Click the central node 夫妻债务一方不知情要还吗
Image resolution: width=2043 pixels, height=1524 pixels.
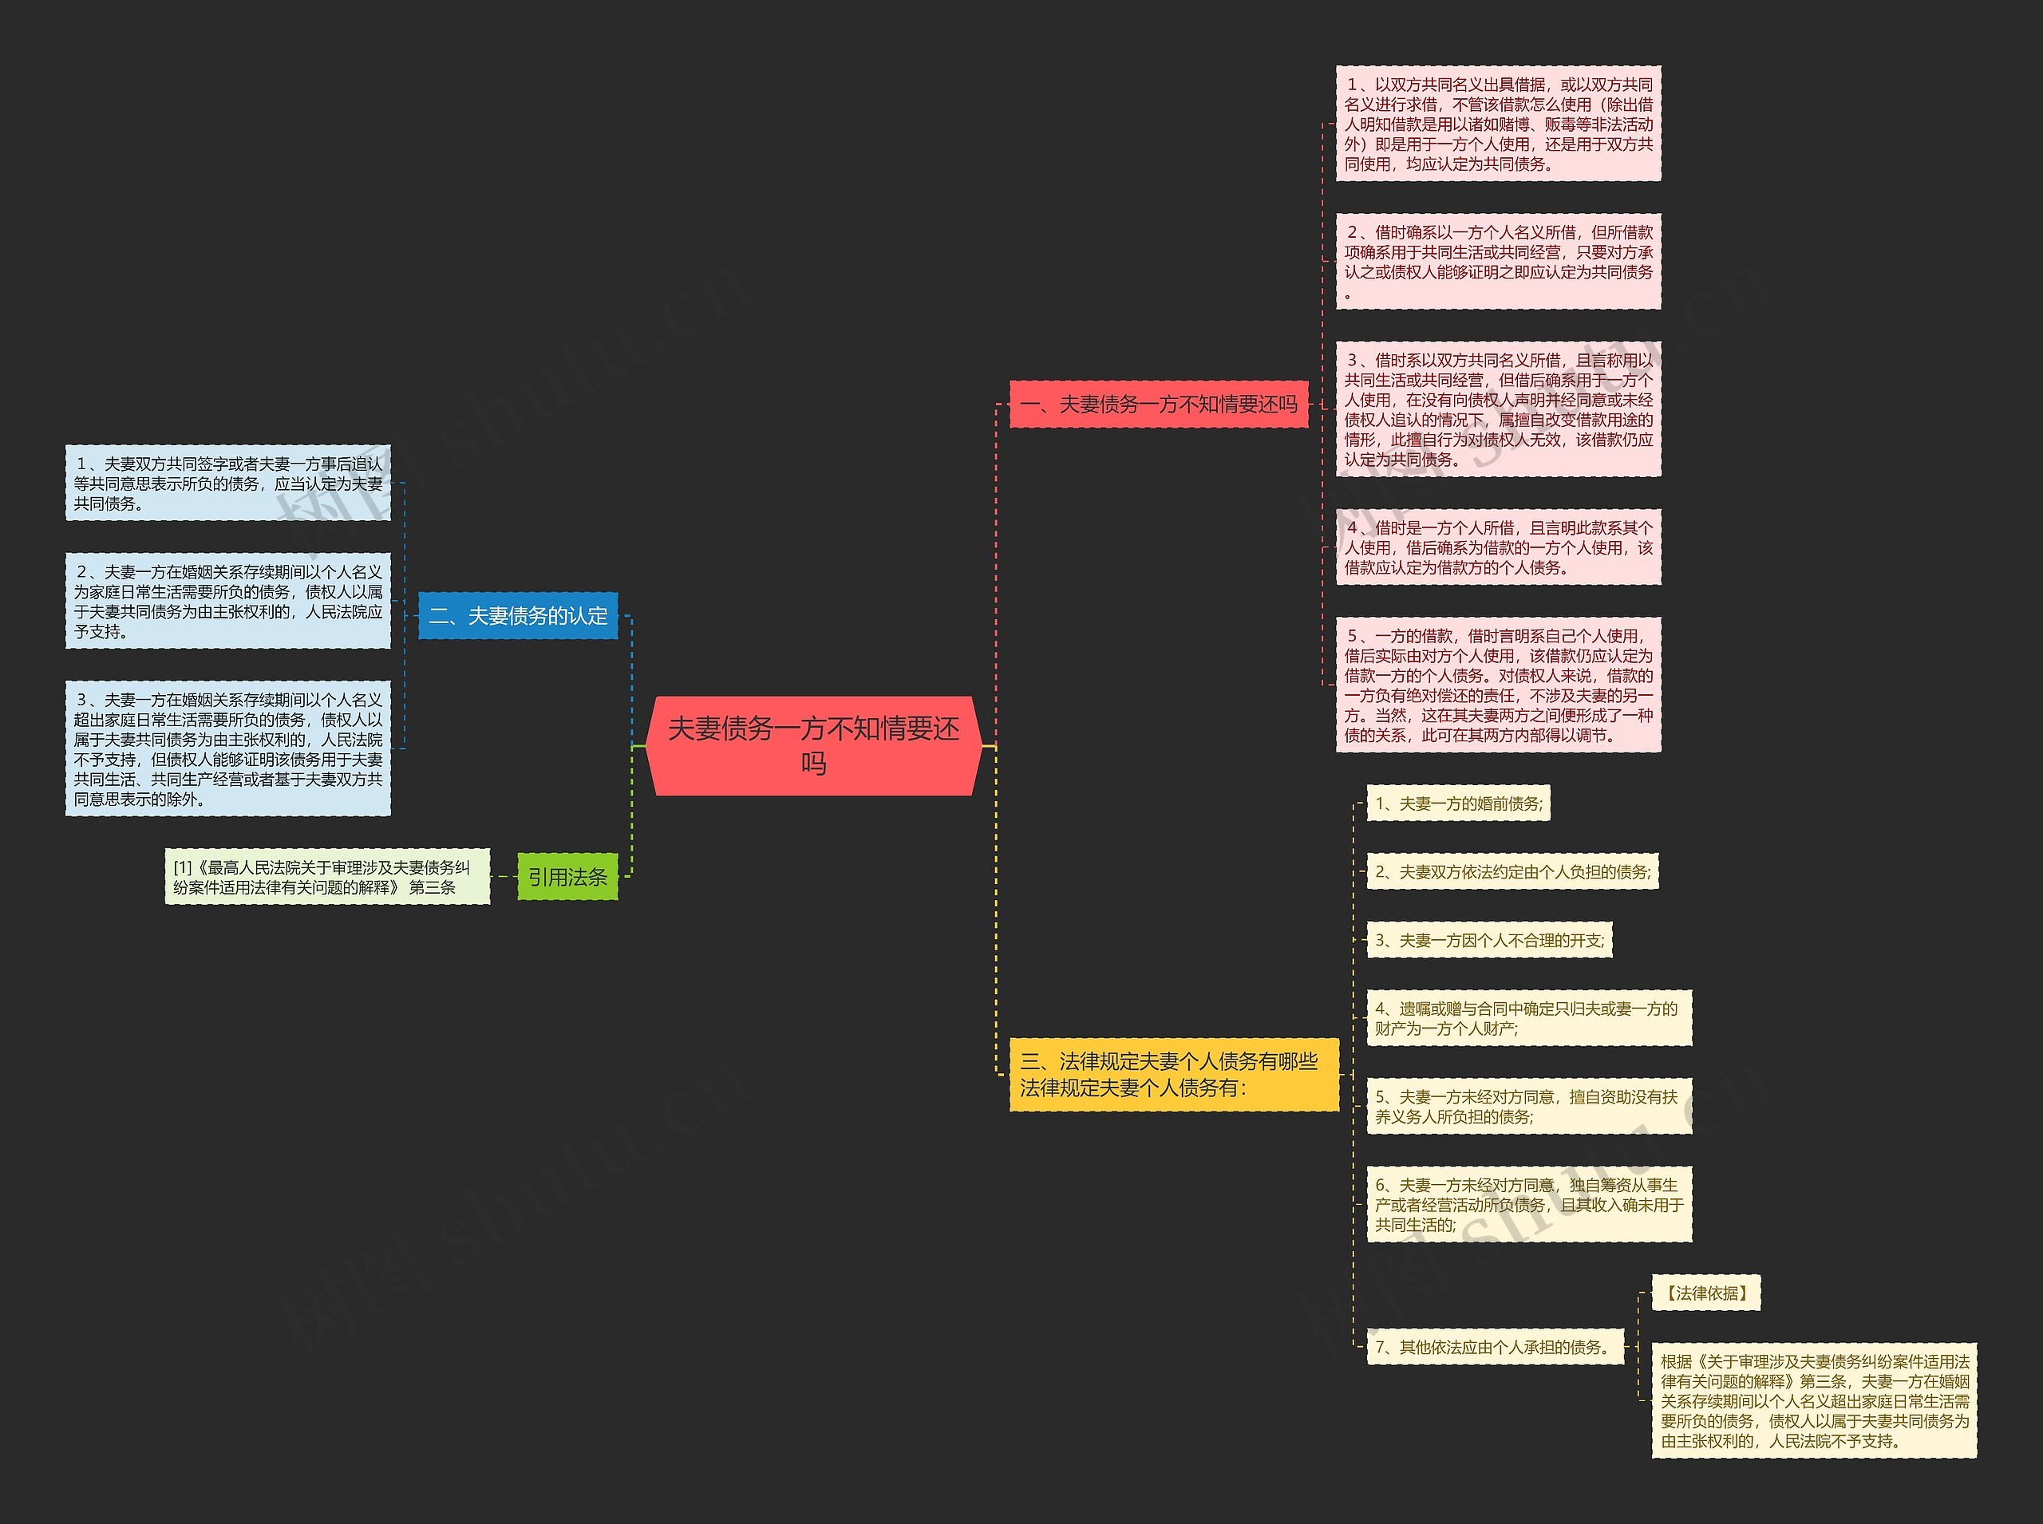tap(813, 745)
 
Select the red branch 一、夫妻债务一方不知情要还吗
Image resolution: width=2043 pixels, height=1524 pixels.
tap(1158, 404)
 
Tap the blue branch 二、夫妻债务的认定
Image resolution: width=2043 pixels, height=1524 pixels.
tap(518, 615)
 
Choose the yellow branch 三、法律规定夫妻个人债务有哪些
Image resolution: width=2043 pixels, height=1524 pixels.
tap(1173, 1075)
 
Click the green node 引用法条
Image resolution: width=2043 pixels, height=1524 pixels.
tap(567, 876)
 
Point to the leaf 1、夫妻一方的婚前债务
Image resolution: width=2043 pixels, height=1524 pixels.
tap(1457, 803)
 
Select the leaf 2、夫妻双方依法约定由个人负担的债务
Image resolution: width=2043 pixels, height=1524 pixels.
tap(1512, 872)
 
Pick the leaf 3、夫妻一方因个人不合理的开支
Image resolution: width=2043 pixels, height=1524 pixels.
tap(1488, 940)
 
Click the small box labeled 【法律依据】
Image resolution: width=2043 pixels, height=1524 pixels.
tap(1705, 1293)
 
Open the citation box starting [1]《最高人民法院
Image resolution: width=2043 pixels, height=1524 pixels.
tap(326, 876)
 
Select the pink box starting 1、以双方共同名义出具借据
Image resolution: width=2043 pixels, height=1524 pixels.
tap(1498, 124)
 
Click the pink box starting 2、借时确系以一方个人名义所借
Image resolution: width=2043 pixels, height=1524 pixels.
tap(1498, 262)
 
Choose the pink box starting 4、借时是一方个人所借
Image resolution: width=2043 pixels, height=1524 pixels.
tap(1498, 547)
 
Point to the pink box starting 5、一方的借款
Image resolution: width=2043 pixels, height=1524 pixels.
tap(1498, 685)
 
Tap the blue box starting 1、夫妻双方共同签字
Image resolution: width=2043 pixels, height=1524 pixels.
tap(228, 483)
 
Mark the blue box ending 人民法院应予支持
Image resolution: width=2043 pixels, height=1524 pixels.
tap(228, 601)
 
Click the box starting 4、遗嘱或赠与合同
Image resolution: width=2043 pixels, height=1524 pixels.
tap(1528, 1018)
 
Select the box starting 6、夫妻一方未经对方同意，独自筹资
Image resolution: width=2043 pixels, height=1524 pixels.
tap(1528, 1204)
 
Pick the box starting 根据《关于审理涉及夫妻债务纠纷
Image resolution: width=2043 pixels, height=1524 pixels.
tap(1813, 1400)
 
